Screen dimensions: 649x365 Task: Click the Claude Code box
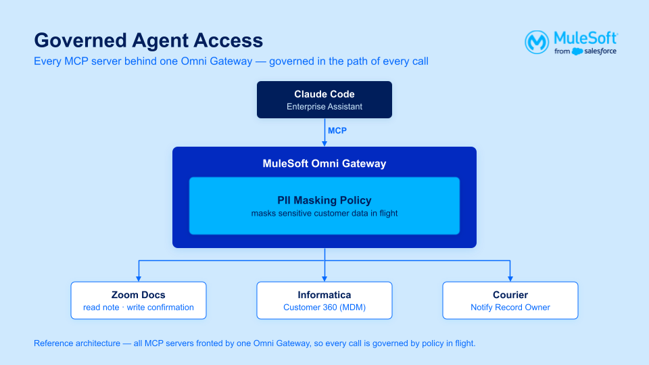coord(324,100)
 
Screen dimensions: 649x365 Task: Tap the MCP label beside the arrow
coord(337,130)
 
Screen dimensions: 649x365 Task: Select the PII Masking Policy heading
coord(324,200)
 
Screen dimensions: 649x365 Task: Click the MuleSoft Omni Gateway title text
coord(324,164)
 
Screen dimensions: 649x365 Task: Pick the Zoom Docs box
coord(138,300)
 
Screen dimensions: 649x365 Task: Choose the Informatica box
coord(324,300)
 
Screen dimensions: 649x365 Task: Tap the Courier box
coord(510,300)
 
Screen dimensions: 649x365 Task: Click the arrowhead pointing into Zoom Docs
coord(139,279)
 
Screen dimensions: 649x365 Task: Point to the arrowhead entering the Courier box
coord(510,279)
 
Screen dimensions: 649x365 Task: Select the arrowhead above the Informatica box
coord(324,279)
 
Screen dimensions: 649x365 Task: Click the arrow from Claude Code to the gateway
coord(324,132)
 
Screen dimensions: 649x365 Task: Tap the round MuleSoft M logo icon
coord(537,42)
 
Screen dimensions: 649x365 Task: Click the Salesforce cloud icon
coord(577,51)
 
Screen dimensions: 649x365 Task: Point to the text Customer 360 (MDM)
coord(324,308)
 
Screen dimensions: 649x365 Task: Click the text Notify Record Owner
coord(510,308)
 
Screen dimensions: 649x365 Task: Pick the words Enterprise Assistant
coord(324,107)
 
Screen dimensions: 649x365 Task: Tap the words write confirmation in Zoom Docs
coord(160,308)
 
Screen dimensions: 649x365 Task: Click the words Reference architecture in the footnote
coord(77,343)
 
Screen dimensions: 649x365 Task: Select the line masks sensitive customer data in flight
coord(324,214)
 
